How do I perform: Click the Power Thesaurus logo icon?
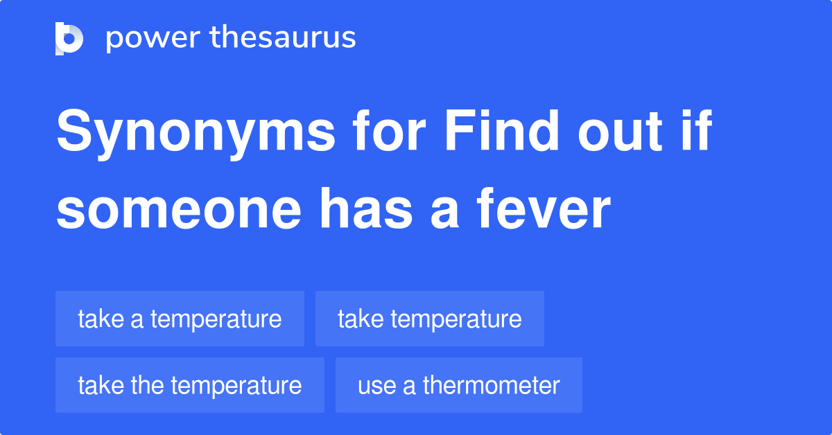coord(69,38)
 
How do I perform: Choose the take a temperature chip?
coord(180,319)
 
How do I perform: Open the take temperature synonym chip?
coord(429,319)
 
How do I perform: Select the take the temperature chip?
coord(189,385)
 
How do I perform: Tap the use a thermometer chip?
coord(458,385)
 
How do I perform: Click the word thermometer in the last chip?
coord(491,385)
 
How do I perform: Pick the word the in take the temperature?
coord(146,385)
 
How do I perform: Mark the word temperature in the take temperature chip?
coord(456,319)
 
